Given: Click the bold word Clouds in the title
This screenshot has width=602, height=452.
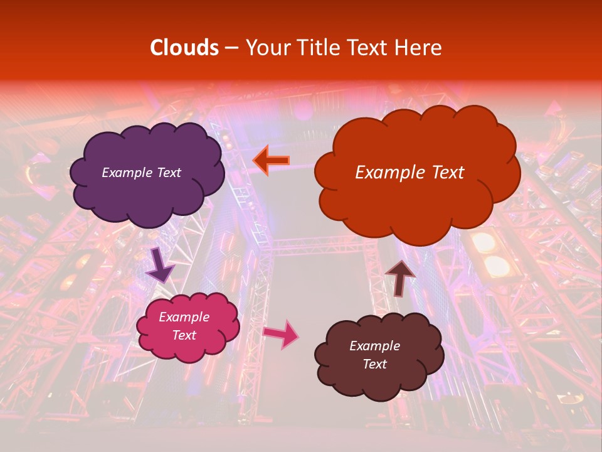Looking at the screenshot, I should point(184,48).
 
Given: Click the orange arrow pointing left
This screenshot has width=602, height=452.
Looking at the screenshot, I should point(272,160).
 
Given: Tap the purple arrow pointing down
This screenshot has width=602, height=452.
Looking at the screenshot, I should point(160,264).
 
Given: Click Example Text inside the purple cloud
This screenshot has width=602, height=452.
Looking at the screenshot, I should point(141,173).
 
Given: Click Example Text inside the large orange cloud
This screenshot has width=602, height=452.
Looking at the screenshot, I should point(409,173).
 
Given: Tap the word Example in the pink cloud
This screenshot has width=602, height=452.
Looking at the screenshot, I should point(184,317).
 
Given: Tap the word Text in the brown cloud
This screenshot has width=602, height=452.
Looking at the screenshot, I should point(374,364).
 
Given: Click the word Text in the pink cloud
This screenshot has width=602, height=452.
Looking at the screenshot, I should point(184,335).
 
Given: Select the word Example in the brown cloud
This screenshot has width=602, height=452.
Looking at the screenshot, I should point(374,346).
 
